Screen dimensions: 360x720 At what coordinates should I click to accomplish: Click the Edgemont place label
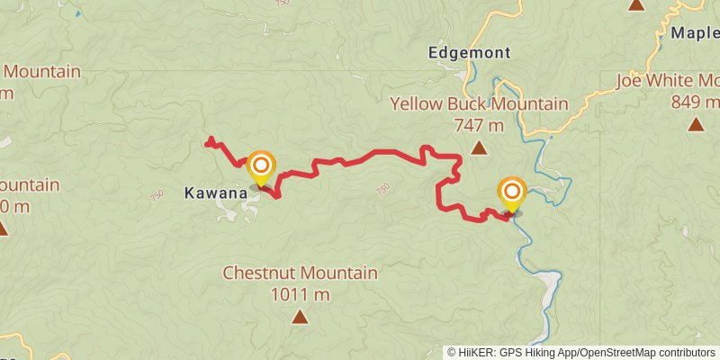click(x=470, y=52)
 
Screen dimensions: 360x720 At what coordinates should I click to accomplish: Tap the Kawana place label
click(x=215, y=193)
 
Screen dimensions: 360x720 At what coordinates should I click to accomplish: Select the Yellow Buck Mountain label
click(x=479, y=104)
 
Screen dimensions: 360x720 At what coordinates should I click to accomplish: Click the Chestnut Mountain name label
click(x=300, y=273)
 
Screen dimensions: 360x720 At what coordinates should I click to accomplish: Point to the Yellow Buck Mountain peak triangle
click(x=479, y=148)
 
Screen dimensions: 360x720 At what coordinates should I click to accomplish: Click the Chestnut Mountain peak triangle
click(x=300, y=316)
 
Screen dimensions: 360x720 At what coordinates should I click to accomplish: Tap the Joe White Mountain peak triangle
click(x=695, y=123)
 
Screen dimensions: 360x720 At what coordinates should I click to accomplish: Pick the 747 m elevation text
click(x=479, y=125)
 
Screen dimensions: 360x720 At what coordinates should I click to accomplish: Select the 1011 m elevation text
click(x=300, y=293)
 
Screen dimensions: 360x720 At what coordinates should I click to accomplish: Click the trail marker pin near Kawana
click(x=261, y=167)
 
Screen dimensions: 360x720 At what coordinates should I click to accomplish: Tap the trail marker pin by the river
click(x=513, y=193)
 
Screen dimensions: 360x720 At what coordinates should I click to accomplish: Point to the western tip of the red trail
click(x=209, y=139)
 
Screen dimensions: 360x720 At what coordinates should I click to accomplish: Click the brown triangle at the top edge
click(x=637, y=4)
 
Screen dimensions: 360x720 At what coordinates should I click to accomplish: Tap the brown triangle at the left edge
click(x=3, y=229)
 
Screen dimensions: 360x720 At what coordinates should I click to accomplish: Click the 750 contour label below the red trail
click(x=382, y=189)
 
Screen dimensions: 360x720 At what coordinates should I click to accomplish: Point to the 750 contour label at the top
click(x=283, y=3)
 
